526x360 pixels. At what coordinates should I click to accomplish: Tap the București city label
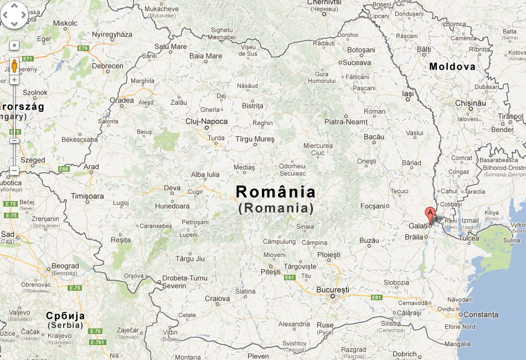332,290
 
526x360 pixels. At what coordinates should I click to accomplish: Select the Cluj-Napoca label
207,121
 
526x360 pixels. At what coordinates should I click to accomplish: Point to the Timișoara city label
87,196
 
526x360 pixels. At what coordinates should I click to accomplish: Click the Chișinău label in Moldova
470,103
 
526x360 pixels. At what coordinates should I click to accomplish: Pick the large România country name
276,192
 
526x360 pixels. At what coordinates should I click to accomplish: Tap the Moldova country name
452,66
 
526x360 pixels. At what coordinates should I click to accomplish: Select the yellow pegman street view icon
14,65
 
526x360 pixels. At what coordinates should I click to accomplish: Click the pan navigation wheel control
14,15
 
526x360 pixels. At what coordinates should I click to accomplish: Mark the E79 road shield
83,49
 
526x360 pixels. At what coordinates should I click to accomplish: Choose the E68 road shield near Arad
64,169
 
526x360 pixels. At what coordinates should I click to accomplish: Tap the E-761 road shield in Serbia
97,342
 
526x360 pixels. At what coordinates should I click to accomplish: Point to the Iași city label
408,94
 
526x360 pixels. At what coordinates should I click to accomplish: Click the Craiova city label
217,299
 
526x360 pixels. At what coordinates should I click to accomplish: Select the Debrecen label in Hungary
107,66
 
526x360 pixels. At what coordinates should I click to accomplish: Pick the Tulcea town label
468,238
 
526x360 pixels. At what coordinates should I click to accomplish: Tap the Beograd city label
65,266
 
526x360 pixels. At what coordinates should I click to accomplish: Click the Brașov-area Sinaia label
305,227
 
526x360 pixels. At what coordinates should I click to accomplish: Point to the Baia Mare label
205,56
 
